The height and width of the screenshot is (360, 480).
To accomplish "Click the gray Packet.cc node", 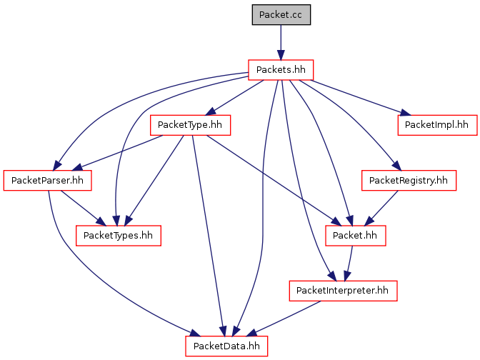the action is (x=281, y=15).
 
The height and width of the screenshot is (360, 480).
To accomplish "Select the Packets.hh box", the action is (x=281, y=70).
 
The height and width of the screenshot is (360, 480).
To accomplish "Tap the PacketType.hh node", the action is (x=190, y=125).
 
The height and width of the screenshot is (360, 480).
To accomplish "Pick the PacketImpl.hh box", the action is (x=437, y=125).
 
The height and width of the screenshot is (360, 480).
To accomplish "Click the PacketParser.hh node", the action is (x=47, y=180).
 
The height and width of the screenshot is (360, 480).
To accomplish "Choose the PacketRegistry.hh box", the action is (x=409, y=180).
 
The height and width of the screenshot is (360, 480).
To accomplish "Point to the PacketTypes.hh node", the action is (x=118, y=236).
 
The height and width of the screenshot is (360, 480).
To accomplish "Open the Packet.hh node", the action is (x=356, y=236).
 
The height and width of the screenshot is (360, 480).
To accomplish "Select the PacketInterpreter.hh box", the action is (x=343, y=291).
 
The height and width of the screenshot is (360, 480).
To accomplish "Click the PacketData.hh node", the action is (x=226, y=346).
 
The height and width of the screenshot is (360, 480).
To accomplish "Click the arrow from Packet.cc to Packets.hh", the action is (x=281, y=42).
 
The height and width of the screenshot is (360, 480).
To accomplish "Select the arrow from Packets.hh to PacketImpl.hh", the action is (x=356, y=98).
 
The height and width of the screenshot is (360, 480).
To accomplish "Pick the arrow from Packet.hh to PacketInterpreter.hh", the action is (x=349, y=264).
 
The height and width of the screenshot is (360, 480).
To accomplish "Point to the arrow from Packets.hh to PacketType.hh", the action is (x=235, y=98).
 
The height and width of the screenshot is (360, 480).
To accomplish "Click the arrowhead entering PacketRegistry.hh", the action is (x=396, y=166).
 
